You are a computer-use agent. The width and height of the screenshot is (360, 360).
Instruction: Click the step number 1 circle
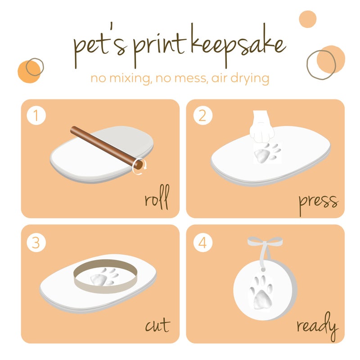[36, 116]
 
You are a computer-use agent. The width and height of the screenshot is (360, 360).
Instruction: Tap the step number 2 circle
[202, 116]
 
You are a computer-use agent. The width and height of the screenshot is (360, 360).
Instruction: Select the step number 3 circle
[36, 243]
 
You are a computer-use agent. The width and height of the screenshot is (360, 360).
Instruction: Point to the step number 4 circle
[202, 243]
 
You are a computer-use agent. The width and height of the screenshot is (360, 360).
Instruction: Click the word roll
[156, 200]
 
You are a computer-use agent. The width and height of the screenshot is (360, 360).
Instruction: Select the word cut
[157, 325]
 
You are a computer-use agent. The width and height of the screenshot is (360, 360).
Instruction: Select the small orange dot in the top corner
[309, 19]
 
